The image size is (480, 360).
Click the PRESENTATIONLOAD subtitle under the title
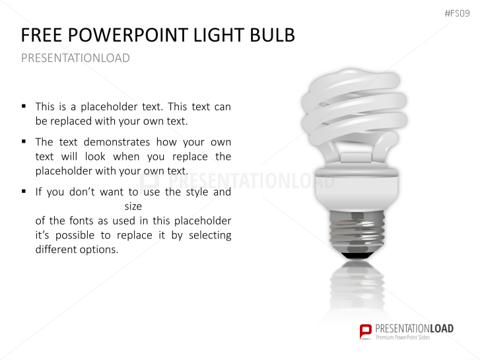[75, 58]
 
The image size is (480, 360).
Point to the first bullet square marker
[24, 106]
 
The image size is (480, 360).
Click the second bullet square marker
[24, 141]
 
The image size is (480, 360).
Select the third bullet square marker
[24, 192]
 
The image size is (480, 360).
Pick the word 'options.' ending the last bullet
[99, 250]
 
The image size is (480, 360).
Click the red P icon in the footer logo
[365, 331]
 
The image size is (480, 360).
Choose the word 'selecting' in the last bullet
[209, 235]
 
